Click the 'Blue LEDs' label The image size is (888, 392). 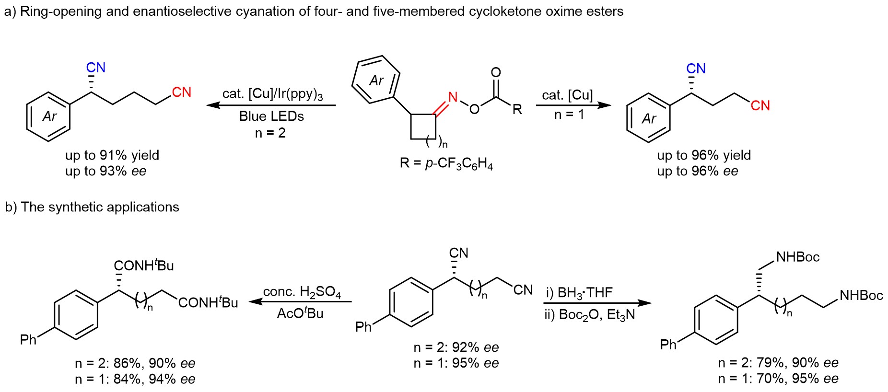click(x=271, y=116)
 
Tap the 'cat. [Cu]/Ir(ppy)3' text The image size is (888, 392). click(x=272, y=94)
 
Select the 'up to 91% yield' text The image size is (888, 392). click(x=112, y=155)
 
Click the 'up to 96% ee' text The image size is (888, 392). click(x=698, y=171)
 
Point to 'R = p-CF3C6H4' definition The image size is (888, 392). click(x=446, y=164)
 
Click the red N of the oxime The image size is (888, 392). click(x=453, y=97)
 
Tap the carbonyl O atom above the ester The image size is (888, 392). click(x=496, y=72)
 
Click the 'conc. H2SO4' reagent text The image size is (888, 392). click(x=302, y=292)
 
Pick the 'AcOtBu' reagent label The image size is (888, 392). click(x=300, y=313)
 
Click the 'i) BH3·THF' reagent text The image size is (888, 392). click(x=579, y=293)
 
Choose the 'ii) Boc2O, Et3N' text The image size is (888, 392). click(x=590, y=315)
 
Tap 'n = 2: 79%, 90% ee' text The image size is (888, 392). click(x=778, y=363)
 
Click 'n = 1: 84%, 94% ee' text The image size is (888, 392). click(x=135, y=379)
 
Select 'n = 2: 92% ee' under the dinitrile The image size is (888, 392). click(x=456, y=347)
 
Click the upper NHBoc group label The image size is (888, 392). click(x=798, y=257)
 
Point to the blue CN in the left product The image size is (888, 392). click(x=96, y=68)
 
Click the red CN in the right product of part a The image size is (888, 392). click(x=760, y=105)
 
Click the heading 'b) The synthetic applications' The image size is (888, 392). click(x=92, y=207)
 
